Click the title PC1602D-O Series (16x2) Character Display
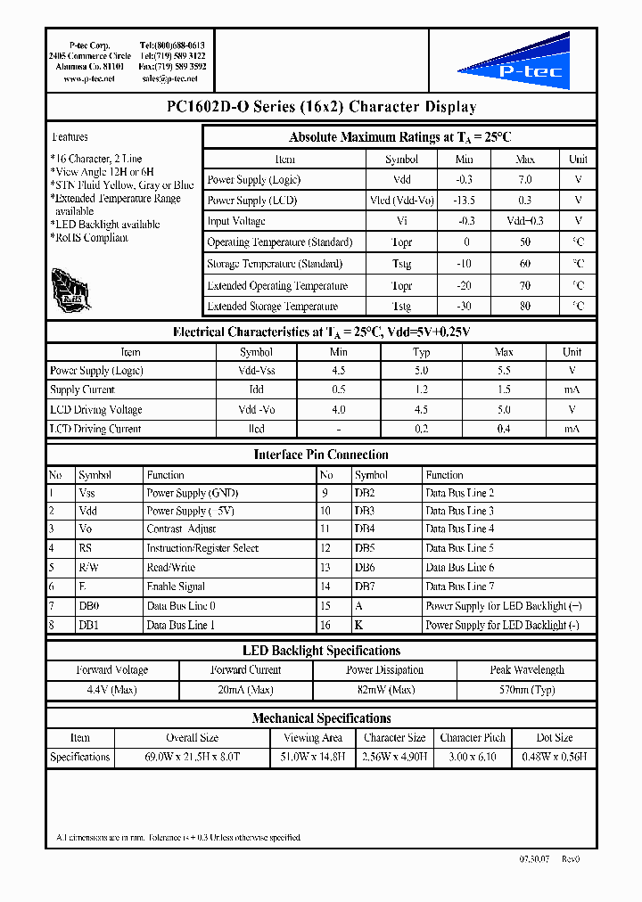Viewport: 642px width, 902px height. click(321, 107)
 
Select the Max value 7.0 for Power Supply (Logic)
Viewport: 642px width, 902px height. click(525, 179)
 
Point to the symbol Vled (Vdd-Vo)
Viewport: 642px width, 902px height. click(401, 201)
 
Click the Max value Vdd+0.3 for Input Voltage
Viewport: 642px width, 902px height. click(525, 221)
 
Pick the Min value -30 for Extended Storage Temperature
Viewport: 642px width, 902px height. click(465, 307)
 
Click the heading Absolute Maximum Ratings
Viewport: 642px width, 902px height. click(399, 137)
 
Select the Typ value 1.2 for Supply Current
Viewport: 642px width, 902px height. click(421, 390)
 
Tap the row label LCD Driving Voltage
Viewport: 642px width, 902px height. click(96, 410)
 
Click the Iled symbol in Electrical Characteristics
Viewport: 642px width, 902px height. click(256, 429)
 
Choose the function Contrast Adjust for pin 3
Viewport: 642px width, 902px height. click(181, 529)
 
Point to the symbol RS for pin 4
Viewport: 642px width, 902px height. click(85, 548)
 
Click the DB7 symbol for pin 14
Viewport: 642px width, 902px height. click(364, 586)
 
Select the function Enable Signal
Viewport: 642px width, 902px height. click(176, 586)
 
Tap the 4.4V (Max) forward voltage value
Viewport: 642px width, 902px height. click(111, 690)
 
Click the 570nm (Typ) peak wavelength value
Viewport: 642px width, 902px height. click(526, 690)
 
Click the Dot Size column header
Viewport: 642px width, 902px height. click(554, 738)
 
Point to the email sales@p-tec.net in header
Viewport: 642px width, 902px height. click(169, 78)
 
